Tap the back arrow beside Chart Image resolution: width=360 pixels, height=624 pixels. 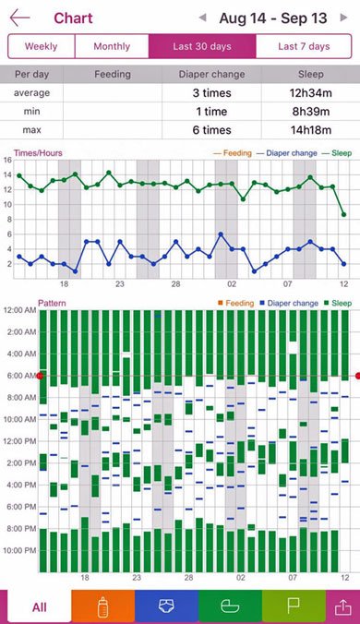pos(20,18)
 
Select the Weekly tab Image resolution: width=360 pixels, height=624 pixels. pos(41,46)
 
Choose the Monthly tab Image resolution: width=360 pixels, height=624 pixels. pos(112,46)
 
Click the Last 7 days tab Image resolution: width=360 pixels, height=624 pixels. pos(304,46)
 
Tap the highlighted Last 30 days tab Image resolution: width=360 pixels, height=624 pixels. pos(202,46)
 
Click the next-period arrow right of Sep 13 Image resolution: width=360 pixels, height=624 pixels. pos(343,18)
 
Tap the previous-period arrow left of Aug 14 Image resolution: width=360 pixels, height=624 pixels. pos(203,18)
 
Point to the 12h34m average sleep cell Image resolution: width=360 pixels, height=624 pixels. pos(311,93)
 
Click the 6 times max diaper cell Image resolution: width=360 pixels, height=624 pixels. pos(211,130)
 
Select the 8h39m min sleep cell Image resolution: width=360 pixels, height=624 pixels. pos(311,112)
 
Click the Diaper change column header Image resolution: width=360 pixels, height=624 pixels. pos(211,74)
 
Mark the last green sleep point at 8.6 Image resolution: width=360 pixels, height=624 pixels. pos(343,215)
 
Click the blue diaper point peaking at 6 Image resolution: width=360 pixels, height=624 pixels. pos(221,234)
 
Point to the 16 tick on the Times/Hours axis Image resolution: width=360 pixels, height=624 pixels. pos(7,160)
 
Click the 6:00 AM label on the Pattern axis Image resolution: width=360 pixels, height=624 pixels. pos(20,376)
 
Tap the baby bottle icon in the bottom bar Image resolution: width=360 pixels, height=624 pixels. pos(103,607)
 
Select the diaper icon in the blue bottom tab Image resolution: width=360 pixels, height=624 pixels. pos(166,606)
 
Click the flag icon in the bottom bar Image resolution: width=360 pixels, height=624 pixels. pos(294,606)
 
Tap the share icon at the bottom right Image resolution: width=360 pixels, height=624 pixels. pos(342,606)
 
